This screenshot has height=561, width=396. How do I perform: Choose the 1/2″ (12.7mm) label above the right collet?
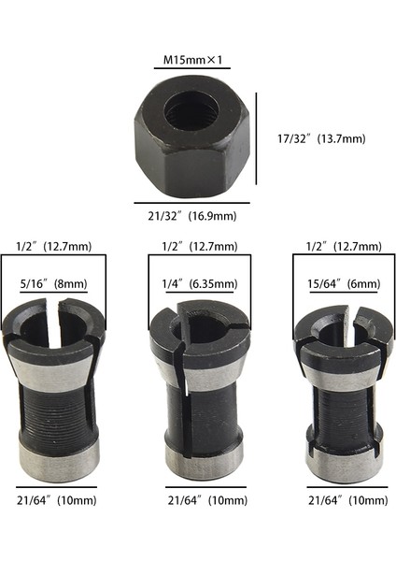343,247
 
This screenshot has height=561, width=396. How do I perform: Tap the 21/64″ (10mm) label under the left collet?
56,501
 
